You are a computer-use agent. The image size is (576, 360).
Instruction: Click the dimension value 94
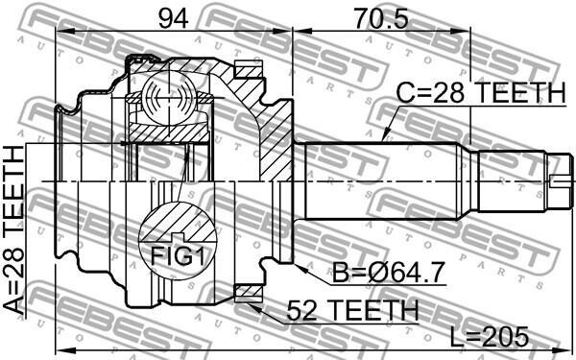pyautogui.click(x=174, y=19)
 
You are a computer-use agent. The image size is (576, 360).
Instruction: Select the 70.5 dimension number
pyautogui.click(x=381, y=19)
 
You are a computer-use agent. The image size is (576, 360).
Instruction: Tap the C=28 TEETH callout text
pyautogui.click(x=481, y=92)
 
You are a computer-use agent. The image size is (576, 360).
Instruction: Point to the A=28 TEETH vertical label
pyautogui.click(x=13, y=230)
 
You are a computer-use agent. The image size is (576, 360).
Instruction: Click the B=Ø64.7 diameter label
pyautogui.click(x=388, y=273)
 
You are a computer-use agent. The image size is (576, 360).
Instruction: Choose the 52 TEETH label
pyautogui.click(x=352, y=310)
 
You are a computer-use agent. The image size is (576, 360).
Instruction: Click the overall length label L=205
pyautogui.click(x=490, y=337)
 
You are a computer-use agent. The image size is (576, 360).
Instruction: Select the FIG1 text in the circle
pyautogui.click(x=178, y=256)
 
